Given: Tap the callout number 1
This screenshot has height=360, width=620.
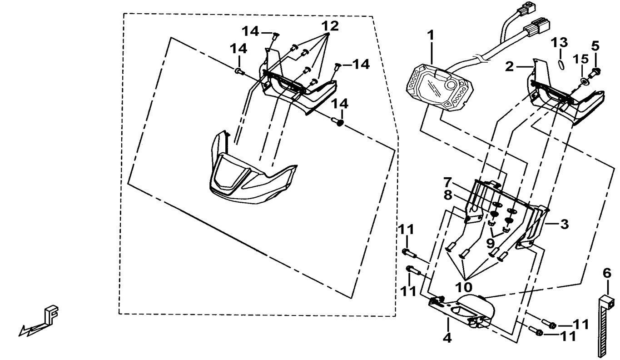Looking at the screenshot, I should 430,35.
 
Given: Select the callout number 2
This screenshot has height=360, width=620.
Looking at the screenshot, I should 509,67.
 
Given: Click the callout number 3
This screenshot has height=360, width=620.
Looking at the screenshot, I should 564,224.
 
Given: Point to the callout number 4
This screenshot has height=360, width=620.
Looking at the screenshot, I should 447,338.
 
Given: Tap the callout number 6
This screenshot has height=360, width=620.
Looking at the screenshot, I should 607,273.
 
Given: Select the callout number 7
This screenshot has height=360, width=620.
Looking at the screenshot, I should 447,183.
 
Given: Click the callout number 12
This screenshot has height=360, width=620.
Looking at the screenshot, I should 331,26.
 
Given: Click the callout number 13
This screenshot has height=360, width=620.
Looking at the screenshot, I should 559,43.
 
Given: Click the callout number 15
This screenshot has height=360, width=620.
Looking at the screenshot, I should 581,59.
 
